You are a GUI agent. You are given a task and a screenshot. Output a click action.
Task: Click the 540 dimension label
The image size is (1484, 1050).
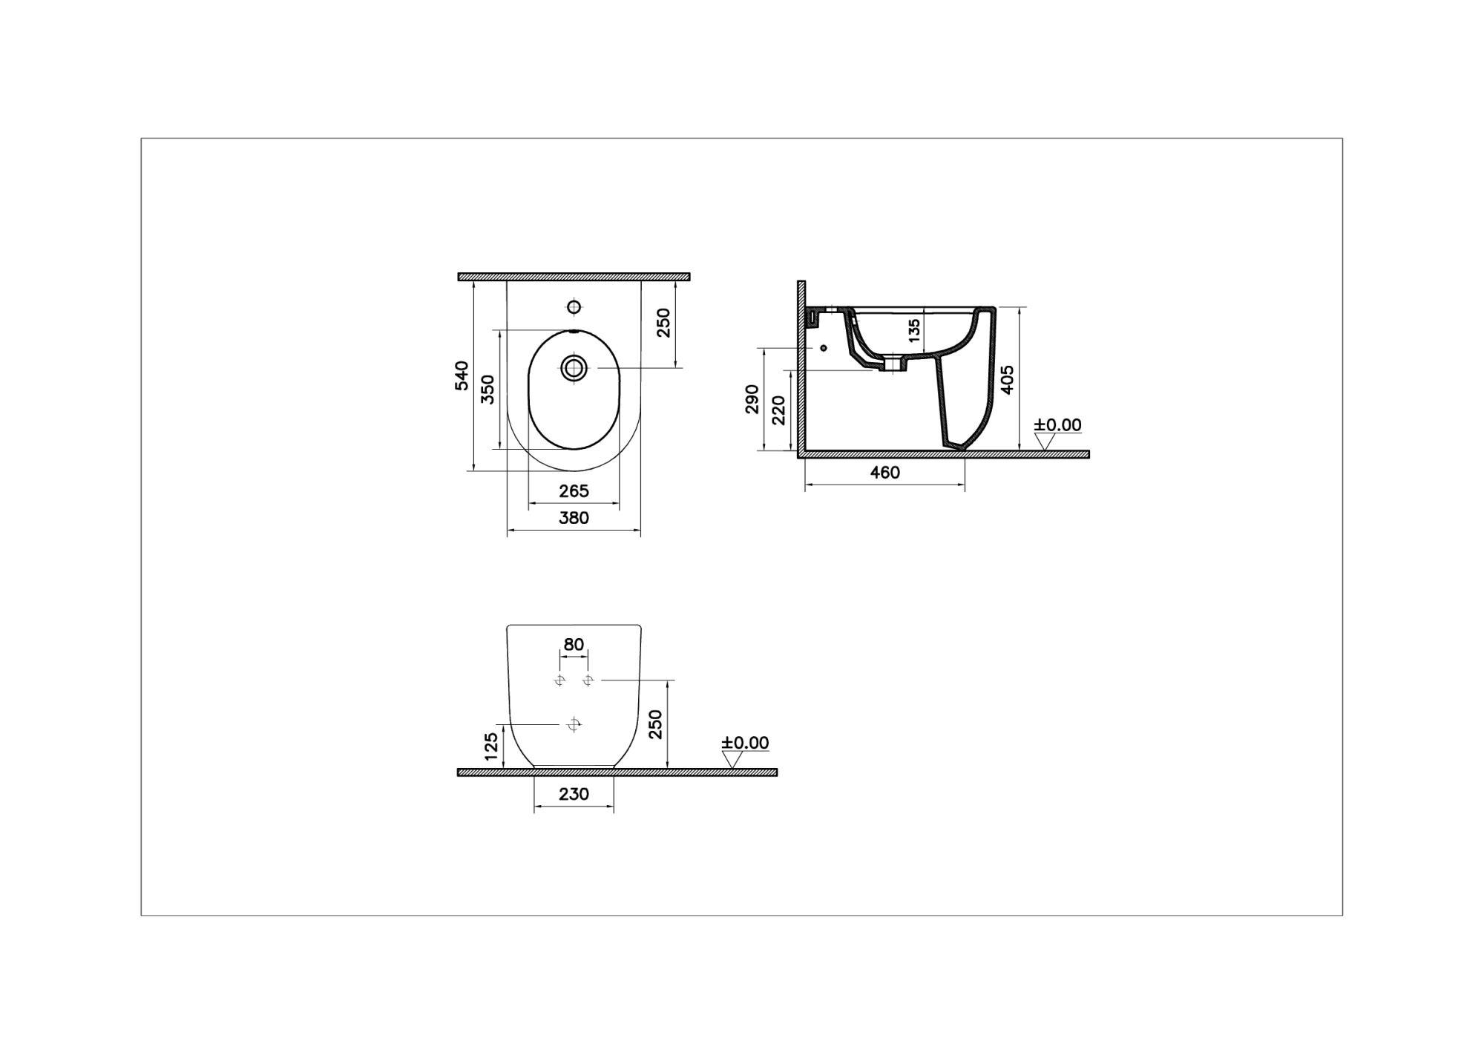[x=462, y=375]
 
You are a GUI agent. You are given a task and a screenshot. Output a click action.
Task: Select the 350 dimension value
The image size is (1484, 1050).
[x=487, y=390]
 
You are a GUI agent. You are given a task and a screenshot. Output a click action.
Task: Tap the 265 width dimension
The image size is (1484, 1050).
[x=574, y=490]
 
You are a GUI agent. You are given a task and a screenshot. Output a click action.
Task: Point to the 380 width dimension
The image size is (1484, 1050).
[x=574, y=518]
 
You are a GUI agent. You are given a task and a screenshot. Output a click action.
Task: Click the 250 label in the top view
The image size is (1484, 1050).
[x=663, y=323]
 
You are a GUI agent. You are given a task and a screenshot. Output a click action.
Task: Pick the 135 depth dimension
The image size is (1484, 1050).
[x=914, y=329]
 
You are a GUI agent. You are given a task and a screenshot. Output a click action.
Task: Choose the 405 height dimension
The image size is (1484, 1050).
[x=1007, y=380]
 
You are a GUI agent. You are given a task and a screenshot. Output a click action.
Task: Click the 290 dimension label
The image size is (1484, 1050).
[x=752, y=399]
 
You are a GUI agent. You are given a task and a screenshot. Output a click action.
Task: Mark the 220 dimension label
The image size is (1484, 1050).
[x=778, y=410]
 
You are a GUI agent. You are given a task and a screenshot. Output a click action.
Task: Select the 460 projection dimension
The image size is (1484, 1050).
[x=884, y=473]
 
